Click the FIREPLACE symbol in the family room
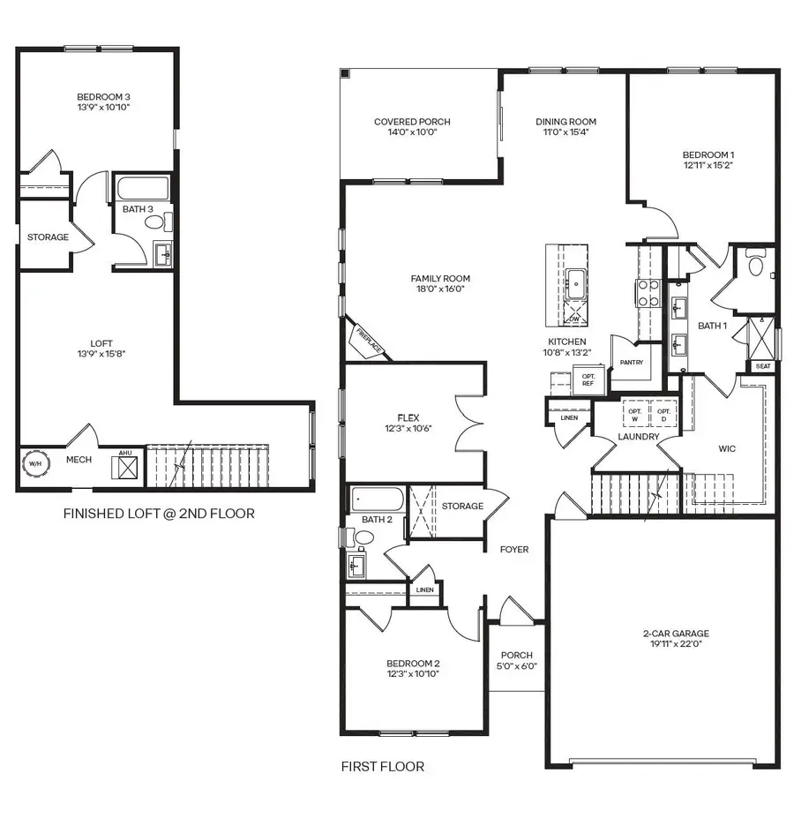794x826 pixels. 368,339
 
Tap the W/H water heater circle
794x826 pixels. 36,464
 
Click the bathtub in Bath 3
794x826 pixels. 143,189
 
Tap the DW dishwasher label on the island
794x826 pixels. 575,319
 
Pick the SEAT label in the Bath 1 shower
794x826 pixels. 762,365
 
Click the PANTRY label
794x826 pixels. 631,362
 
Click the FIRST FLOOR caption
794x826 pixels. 382,766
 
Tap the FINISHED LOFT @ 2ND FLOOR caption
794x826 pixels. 159,513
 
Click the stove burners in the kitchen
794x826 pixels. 648,293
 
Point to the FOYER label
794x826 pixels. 514,549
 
